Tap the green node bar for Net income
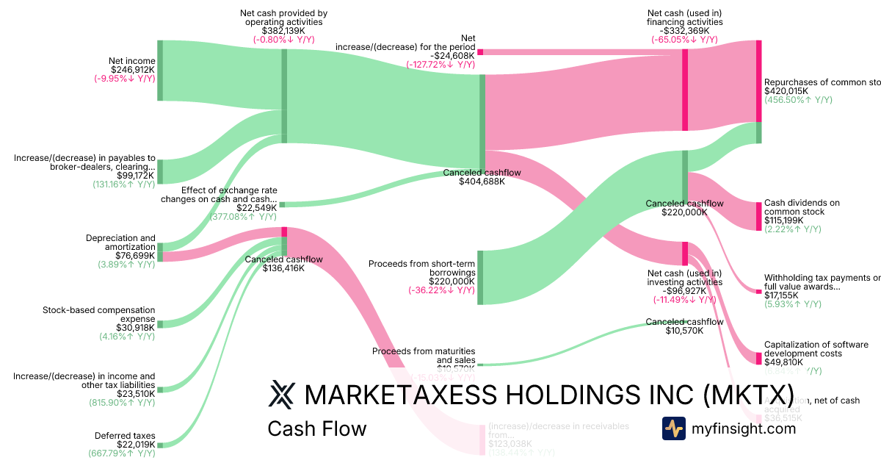[x=160, y=71]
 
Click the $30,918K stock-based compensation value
[x=135, y=328]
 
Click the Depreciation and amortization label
[x=120, y=243]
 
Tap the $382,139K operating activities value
[x=283, y=31]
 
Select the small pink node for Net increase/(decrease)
[x=480, y=52]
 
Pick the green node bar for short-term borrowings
[x=480, y=277]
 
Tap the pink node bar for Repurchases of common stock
[x=758, y=81]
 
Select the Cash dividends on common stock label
[x=801, y=207]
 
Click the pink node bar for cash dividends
[x=758, y=216]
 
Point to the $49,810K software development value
[x=783, y=362]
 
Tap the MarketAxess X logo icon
[x=280, y=395]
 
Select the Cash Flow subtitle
[x=316, y=428]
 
